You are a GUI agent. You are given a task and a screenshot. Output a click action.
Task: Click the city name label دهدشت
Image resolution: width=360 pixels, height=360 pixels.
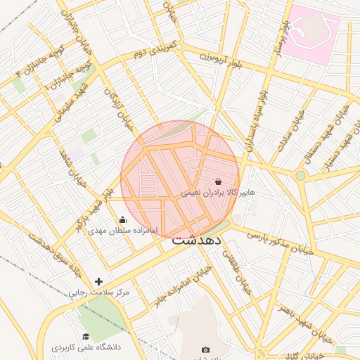tap(197, 240)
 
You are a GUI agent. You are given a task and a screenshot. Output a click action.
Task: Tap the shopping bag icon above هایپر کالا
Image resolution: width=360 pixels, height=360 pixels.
tap(218, 181)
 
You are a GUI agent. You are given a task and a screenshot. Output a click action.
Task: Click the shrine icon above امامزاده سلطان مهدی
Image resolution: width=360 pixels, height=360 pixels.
tap(124, 219)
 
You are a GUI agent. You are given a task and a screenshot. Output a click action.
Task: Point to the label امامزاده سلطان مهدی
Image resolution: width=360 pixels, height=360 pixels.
tap(124, 231)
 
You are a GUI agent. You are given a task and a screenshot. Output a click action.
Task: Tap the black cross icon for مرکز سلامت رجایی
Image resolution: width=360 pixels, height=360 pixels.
tap(98, 281)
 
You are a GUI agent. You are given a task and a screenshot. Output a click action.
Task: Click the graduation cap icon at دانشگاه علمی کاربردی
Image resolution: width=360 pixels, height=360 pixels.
tap(86, 337)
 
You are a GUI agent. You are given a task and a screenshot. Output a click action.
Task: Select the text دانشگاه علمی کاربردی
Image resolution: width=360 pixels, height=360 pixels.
tap(86, 347)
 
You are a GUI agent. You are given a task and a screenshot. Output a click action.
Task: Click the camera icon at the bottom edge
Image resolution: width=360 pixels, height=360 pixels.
tap(205, 349)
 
